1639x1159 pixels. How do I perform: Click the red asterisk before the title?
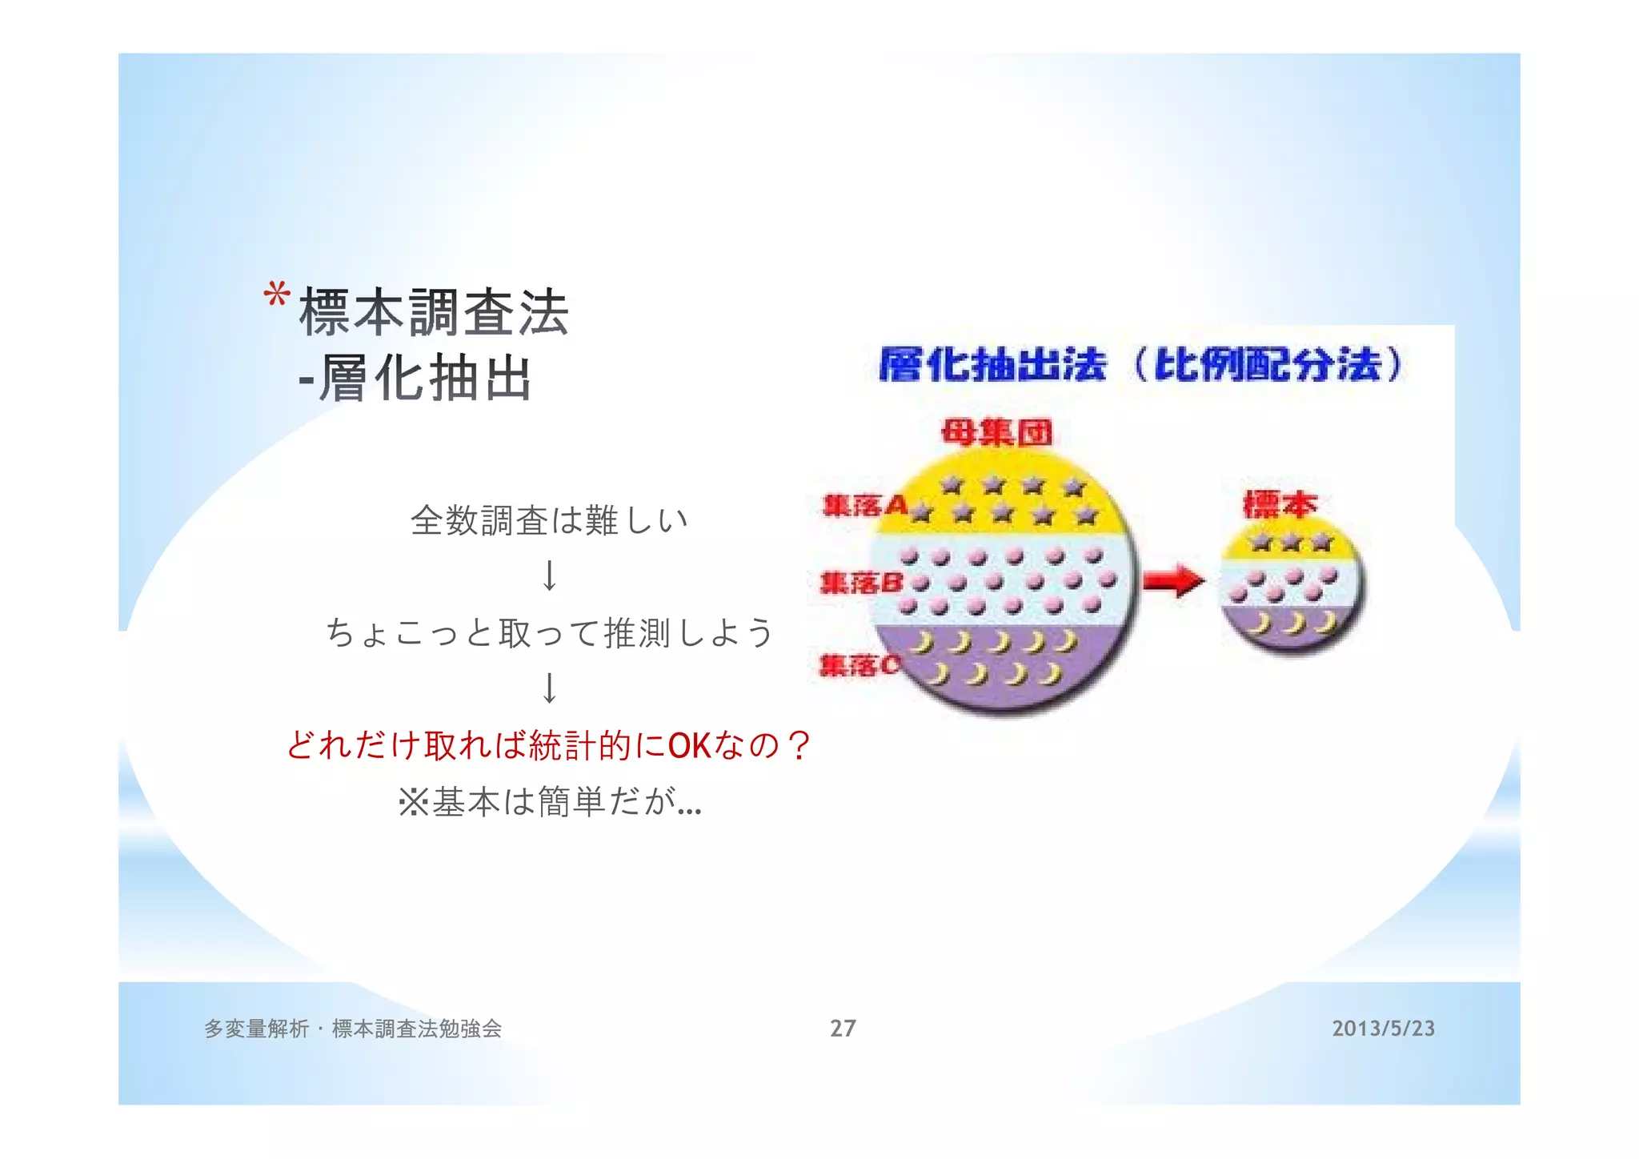pos(276,295)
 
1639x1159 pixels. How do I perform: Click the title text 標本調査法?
pos(433,312)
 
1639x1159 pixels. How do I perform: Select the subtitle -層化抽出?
pos(415,378)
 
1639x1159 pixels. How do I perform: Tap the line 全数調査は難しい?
pos(549,520)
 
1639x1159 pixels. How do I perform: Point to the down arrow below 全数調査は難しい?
pos(549,575)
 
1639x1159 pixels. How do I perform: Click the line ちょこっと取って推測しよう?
pos(549,632)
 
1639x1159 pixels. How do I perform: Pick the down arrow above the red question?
pos(549,688)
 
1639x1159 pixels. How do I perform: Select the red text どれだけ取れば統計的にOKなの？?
pos(549,745)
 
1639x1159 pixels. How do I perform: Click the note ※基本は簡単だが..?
pos(549,801)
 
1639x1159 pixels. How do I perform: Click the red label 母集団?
pos(996,433)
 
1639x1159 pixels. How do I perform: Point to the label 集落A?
pos(865,506)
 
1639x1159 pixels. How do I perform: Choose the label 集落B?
pos(861,583)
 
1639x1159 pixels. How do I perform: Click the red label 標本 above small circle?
pos(1280,504)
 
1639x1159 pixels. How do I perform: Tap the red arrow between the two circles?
pos(1172,581)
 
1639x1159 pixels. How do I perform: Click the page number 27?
pos(843,1029)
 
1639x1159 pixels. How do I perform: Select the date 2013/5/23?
pos(1383,1029)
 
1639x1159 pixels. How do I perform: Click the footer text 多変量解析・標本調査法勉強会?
pos(353,1029)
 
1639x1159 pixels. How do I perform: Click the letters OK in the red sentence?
pos(689,746)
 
